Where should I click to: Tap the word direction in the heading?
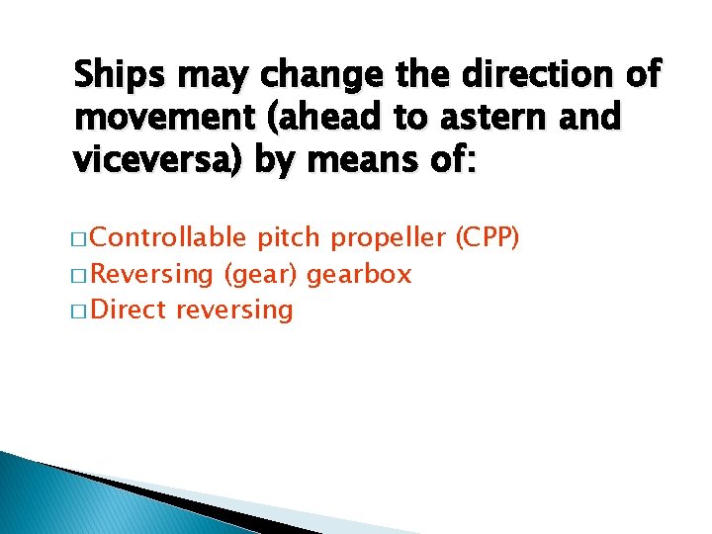pos(537,75)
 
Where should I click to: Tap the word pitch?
pos(289,238)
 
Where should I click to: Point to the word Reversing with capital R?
pos(157,274)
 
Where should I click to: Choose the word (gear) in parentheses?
pos(262,274)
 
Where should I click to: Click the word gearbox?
pos(359,274)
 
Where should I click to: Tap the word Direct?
pos(133,310)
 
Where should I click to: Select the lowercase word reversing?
pos(234,310)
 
